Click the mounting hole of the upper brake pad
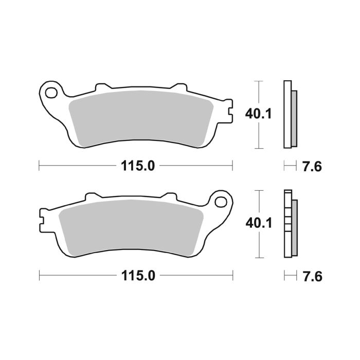(x=51, y=93)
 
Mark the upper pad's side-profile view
(x=290, y=114)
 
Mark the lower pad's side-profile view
(x=290, y=224)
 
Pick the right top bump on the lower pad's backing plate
(x=169, y=196)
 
